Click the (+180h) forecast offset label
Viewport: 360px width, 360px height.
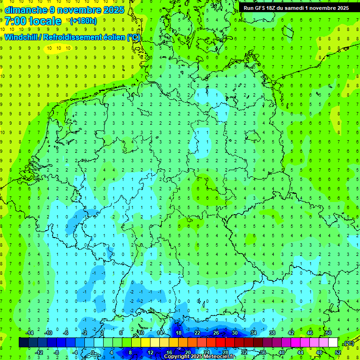pos(83,21)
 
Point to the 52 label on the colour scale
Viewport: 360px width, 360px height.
pos(338,352)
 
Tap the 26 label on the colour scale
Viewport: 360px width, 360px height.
pos(216,333)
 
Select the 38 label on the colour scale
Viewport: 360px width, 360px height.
pos(272,333)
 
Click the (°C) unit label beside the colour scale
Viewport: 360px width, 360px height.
pos(348,343)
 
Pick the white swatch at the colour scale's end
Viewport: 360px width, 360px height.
pos(333,343)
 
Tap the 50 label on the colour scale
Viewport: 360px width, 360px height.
pos(328,333)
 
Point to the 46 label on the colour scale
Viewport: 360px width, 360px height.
pos(309,333)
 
